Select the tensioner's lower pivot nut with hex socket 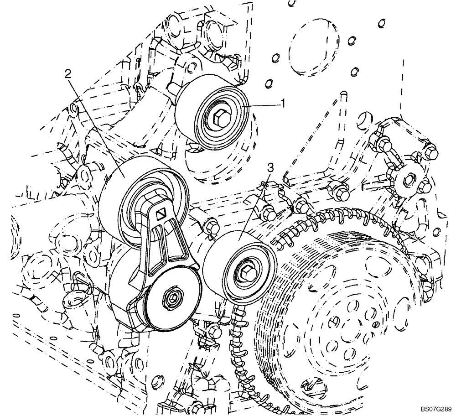click(x=172, y=298)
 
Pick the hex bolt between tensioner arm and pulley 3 click(x=211, y=226)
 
